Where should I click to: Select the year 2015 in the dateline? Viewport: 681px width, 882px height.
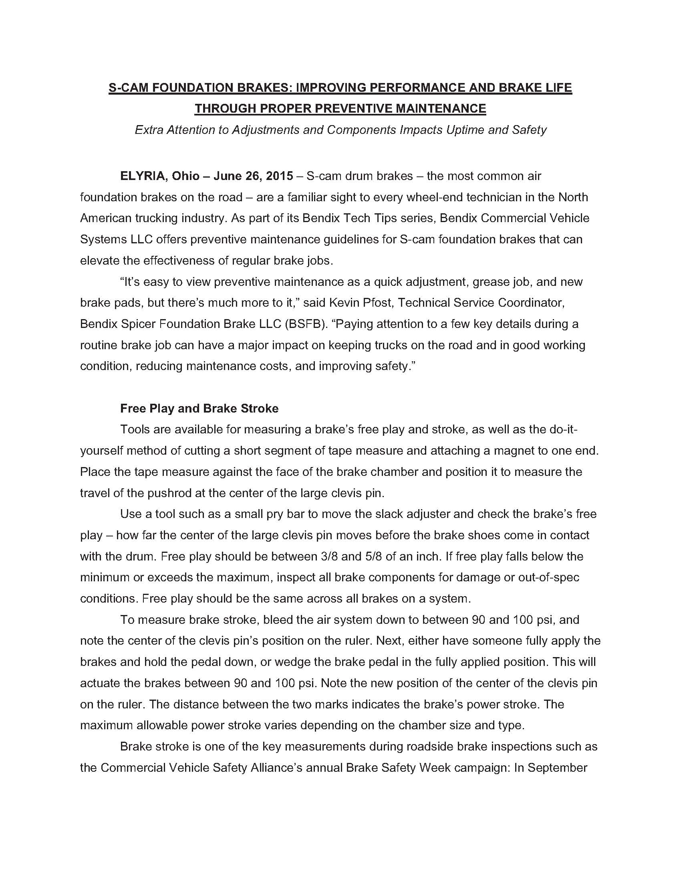click(x=279, y=176)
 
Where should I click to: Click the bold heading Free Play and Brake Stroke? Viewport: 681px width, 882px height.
click(x=199, y=408)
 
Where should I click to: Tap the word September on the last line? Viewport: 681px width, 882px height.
click(x=557, y=767)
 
